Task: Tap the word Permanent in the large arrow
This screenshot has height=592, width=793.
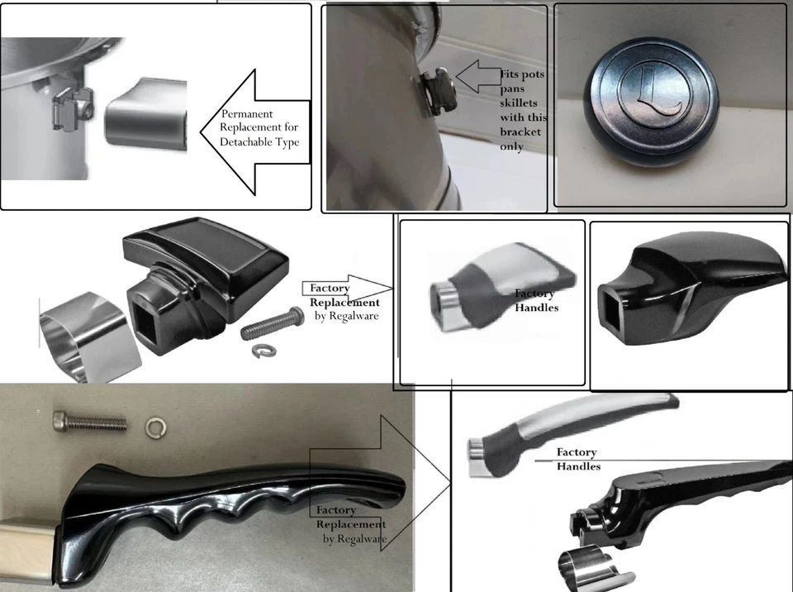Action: tap(247, 113)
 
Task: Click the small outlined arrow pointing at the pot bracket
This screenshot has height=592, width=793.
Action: tap(477, 76)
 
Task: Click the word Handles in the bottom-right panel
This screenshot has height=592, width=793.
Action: tap(578, 467)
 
